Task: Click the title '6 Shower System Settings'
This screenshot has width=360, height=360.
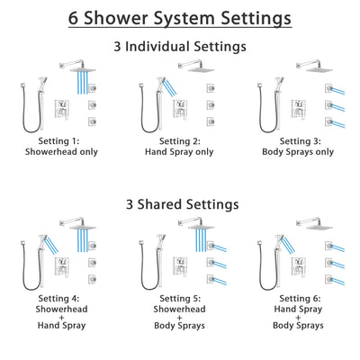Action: (x=180, y=17)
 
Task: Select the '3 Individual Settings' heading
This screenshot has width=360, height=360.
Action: (x=180, y=46)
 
